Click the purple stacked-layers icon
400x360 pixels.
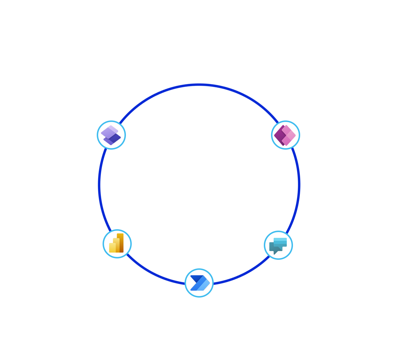[111, 135]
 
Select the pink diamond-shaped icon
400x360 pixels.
[285, 135]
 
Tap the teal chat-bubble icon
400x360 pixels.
[278, 245]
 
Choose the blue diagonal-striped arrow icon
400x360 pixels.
[199, 283]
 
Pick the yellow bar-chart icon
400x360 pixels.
[117, 244]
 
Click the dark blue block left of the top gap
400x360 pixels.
[156, 101]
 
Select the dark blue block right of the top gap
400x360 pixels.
[222, 101]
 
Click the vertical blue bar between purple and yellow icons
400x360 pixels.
[110, 189]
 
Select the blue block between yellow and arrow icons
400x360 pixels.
[156, 269]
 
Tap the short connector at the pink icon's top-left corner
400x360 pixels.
[274, 122]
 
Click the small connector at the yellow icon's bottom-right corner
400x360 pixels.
[129, 256]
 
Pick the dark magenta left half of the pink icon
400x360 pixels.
[280, 136]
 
